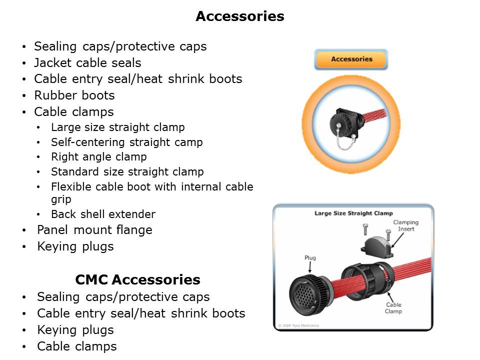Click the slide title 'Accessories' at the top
pos(239,16)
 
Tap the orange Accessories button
pos(351,59)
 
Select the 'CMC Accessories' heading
pos(137,279)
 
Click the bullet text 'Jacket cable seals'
pos(87,63)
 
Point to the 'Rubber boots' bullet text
pos(74,95)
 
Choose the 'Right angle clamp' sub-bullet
pos(98,157)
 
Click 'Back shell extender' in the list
pos(103,214)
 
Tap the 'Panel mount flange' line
pos(94,230)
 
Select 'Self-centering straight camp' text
pos(126,142)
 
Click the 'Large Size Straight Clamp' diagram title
pos(353,213)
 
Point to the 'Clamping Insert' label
pos(405,225)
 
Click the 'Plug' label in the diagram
pos(310,258)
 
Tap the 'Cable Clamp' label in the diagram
pos(393,308)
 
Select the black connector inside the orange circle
pos(345,120)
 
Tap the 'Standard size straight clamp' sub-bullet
pos(127,172)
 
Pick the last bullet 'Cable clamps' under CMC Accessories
pos(76,346)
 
